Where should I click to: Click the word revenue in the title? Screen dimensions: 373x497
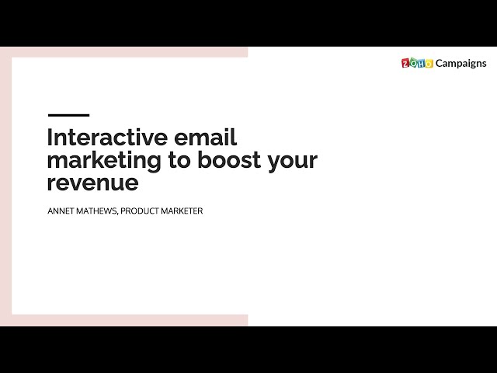click(x=92, y=183)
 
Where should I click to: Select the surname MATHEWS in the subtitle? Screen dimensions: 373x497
click(x=98, y=211)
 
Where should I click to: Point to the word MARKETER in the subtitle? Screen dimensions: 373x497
click(x=183, y=211)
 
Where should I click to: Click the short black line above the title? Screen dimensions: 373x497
click(x=68, y=115)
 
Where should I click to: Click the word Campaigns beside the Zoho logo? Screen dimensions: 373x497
click(x=461, y=63)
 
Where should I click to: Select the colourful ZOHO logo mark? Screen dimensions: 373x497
click(x=417, y=63)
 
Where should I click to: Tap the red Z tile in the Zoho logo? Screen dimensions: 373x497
click(x=405, y=64)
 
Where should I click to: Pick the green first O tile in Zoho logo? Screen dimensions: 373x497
click(x=413, y=64)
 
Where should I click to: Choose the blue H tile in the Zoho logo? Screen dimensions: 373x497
click(x=421, y=64)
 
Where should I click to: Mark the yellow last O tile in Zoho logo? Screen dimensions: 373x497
click(x=429, y=64)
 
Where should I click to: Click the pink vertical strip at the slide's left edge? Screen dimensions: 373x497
click(x=5, y=186)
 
